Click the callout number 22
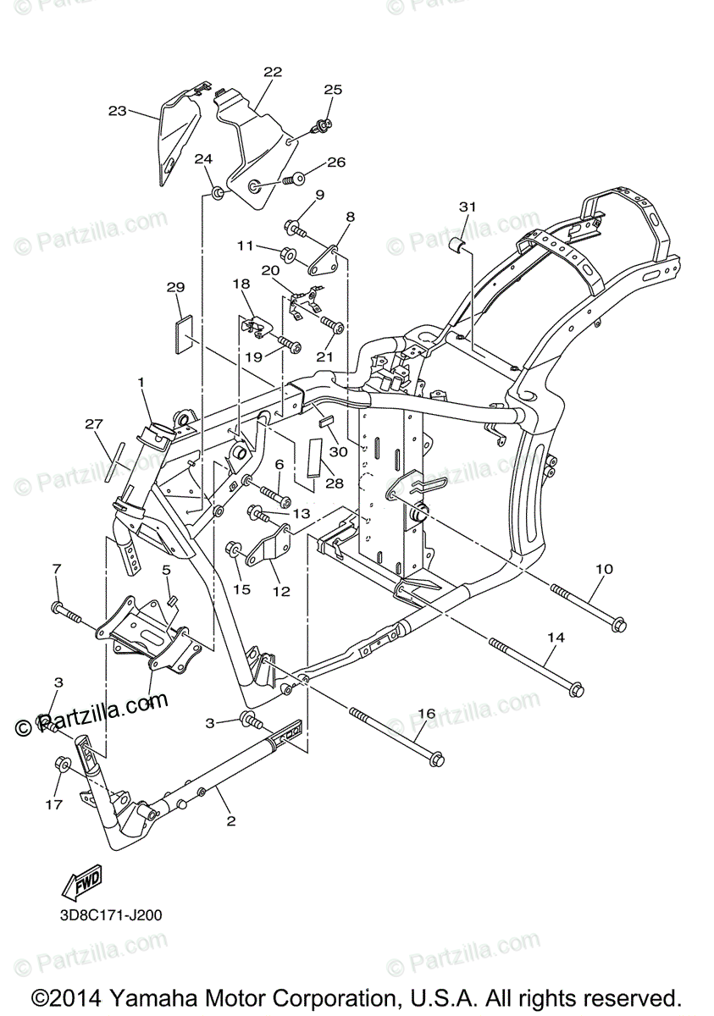click(272, 72)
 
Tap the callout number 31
click(468, 207)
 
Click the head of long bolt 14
click(576, 690)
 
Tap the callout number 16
click(426, 714)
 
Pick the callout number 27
click(93, 422)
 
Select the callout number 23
click(117, 110)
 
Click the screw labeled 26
click(297, 179)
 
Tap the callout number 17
click(53, 804)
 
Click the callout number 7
click(57, 567)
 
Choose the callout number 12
click(280, 592)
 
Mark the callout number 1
click(141, 383)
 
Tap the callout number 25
click(333, 89)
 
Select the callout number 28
click(335, 482)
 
